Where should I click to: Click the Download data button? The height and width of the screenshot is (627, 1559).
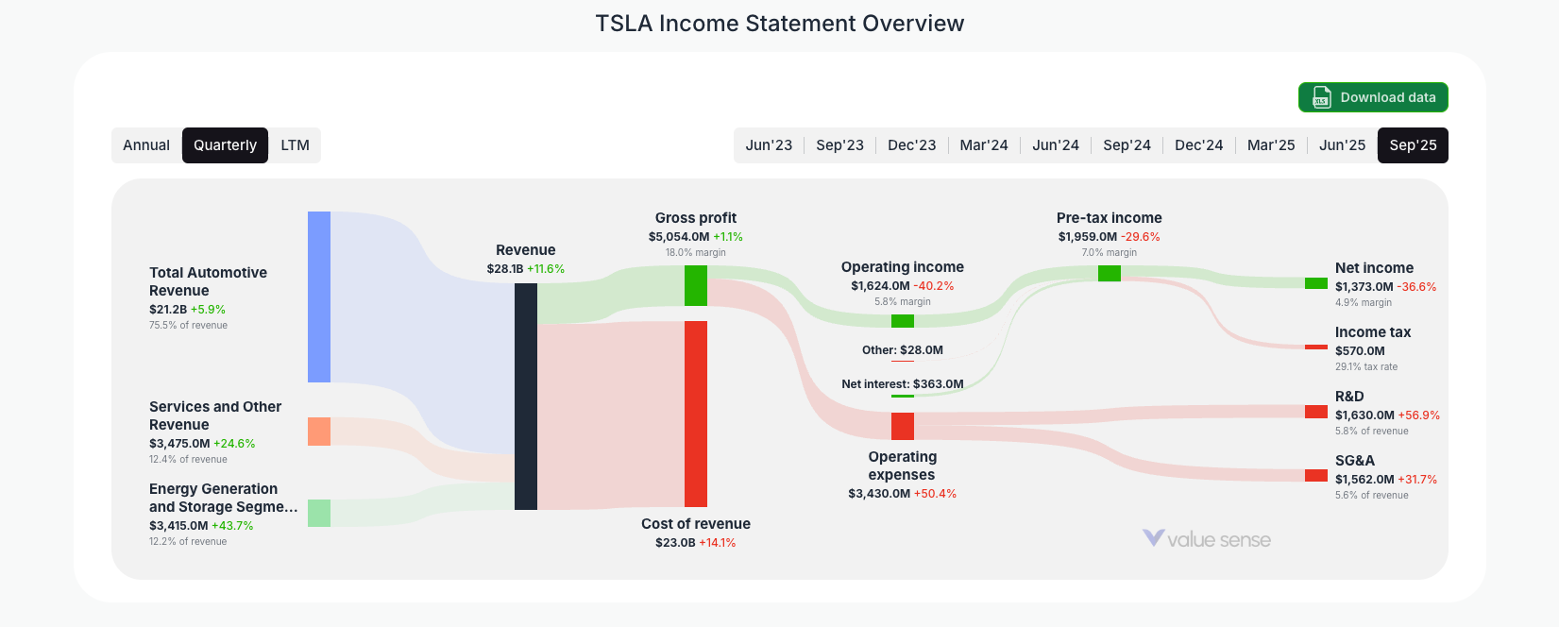click(x=1373, y=97)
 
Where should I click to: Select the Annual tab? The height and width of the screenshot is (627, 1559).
click(x=146, y=145)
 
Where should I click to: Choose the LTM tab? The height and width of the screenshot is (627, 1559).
click(x=295, y=145)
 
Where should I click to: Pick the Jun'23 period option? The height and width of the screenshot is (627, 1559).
click(x=769, y=145)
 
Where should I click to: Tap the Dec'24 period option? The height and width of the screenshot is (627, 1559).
click(x=1198, y=145)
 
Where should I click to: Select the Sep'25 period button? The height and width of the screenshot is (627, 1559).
click(x=1413, y=145)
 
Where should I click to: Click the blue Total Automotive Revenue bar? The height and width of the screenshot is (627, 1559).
click(x=319, y=297)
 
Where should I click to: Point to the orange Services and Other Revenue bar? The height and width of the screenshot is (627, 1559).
click(x=319, y=432)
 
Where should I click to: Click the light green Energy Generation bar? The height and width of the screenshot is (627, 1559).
click(x=319, y=513)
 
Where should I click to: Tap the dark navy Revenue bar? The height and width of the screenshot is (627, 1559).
click(x=526, y=397)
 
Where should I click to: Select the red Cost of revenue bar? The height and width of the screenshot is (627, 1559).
click(x=696, y=414)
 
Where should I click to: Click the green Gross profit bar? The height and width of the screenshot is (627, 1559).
click(x=696, y=285)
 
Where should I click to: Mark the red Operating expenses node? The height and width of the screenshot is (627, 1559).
click(x=903, y=426)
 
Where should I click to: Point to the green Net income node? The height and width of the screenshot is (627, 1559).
click(x=1316, y=283)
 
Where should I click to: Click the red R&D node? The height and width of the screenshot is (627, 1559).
click(x=1316, y=412)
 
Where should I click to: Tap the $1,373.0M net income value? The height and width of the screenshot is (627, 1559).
click(x=1364, y=287)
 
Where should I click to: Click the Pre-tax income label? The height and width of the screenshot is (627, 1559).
click(x=1109, y=218)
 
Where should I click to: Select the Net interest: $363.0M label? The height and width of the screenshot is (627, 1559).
click(x=903, y=384)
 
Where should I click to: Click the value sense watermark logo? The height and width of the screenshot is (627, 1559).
click(x=1207, y=539)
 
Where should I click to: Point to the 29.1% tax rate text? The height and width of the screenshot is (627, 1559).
click(x=1365, y=366)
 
